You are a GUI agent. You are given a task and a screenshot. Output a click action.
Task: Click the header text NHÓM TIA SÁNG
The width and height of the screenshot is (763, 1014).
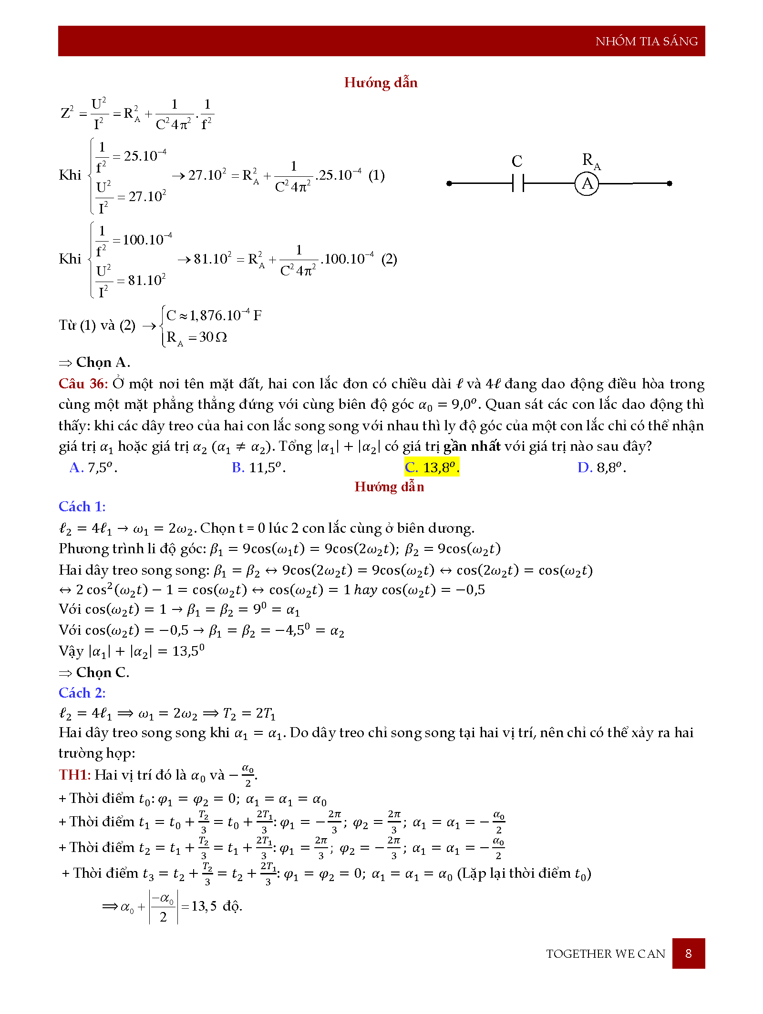point(646,41)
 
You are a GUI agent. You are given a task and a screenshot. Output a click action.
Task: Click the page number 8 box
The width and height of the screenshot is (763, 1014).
point(688,953)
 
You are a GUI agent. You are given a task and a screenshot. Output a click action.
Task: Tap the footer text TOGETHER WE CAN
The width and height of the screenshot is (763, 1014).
point(605,954)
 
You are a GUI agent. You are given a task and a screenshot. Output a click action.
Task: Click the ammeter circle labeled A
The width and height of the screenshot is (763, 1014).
point(587,183)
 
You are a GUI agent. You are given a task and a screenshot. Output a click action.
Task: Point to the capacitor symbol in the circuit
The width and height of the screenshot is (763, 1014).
point(518,183)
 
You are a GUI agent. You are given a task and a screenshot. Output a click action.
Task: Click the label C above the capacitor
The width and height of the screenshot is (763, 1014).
point(517,162)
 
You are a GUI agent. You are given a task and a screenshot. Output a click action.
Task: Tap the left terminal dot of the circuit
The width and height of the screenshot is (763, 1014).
point(449,183)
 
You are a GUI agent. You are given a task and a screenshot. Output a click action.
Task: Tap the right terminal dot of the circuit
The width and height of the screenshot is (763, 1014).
point(670,183)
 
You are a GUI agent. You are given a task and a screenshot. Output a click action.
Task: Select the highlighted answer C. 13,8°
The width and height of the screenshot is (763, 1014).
point(432,467)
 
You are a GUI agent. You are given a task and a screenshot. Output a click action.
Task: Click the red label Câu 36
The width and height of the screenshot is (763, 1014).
point(83,384)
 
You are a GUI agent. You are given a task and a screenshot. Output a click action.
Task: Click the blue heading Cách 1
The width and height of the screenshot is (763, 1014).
point(82,507)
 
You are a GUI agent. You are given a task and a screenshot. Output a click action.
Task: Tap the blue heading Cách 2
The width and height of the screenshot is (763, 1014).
point(82,693)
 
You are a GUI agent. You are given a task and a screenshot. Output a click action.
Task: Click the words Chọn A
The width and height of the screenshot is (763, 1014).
point(103,363)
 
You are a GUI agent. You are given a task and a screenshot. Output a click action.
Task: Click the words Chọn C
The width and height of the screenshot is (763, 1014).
point(103,672)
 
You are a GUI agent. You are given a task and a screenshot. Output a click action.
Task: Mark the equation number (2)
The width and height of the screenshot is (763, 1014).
point(389,259)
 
